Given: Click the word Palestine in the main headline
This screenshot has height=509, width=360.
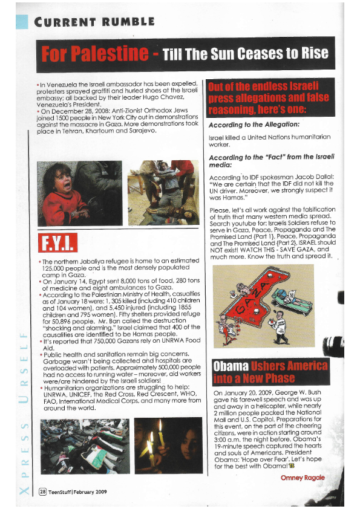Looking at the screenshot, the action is [111, 53].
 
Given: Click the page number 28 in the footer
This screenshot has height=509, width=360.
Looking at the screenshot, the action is [43, 491].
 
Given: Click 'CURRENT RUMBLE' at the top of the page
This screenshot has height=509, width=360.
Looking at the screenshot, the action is [94, 22].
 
